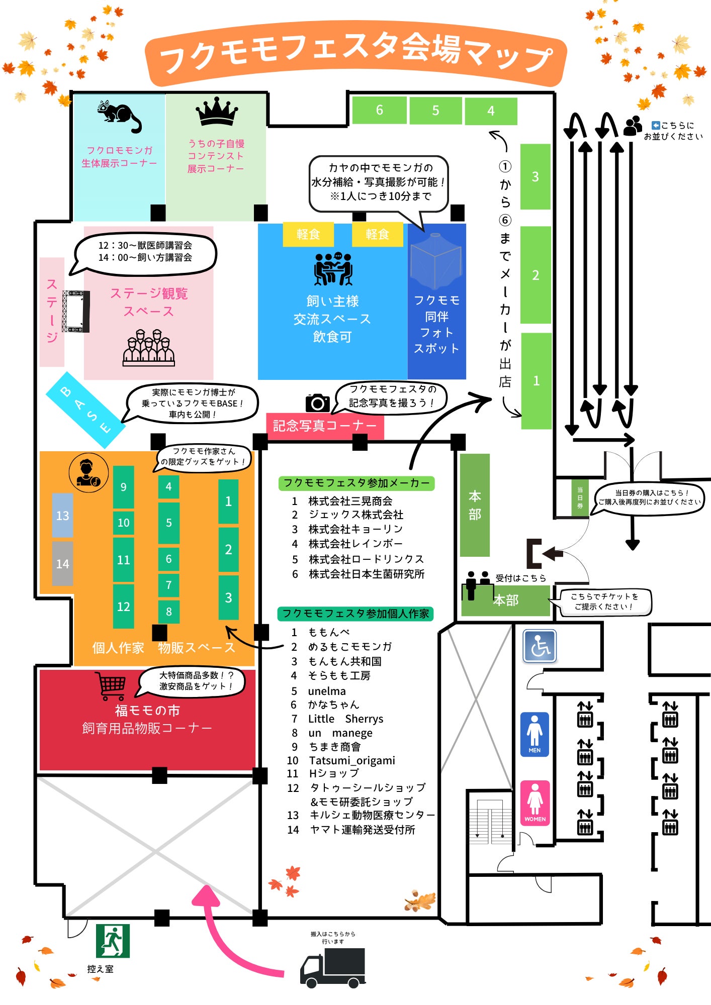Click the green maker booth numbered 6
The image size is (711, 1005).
coord(379,110)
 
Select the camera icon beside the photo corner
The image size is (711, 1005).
coord(318,403)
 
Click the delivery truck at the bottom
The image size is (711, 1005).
coord(333,968)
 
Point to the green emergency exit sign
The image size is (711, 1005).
coord(113,941)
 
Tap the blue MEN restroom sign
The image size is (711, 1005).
coord(535,734)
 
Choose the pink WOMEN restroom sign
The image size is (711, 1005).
coord(535,803)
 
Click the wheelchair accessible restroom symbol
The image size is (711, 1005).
coord(540,646)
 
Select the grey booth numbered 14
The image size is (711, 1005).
coord(62,563)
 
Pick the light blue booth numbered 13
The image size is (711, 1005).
coord(62,516)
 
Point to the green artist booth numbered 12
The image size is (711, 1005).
coord(123,606)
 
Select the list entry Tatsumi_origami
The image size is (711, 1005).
coord(351,760)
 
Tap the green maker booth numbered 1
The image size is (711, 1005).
coord(536,380)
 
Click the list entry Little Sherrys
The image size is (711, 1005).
coord(345,719)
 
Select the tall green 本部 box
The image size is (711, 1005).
coord(475,505)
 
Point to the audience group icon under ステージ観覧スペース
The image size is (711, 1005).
coord(149,347)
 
